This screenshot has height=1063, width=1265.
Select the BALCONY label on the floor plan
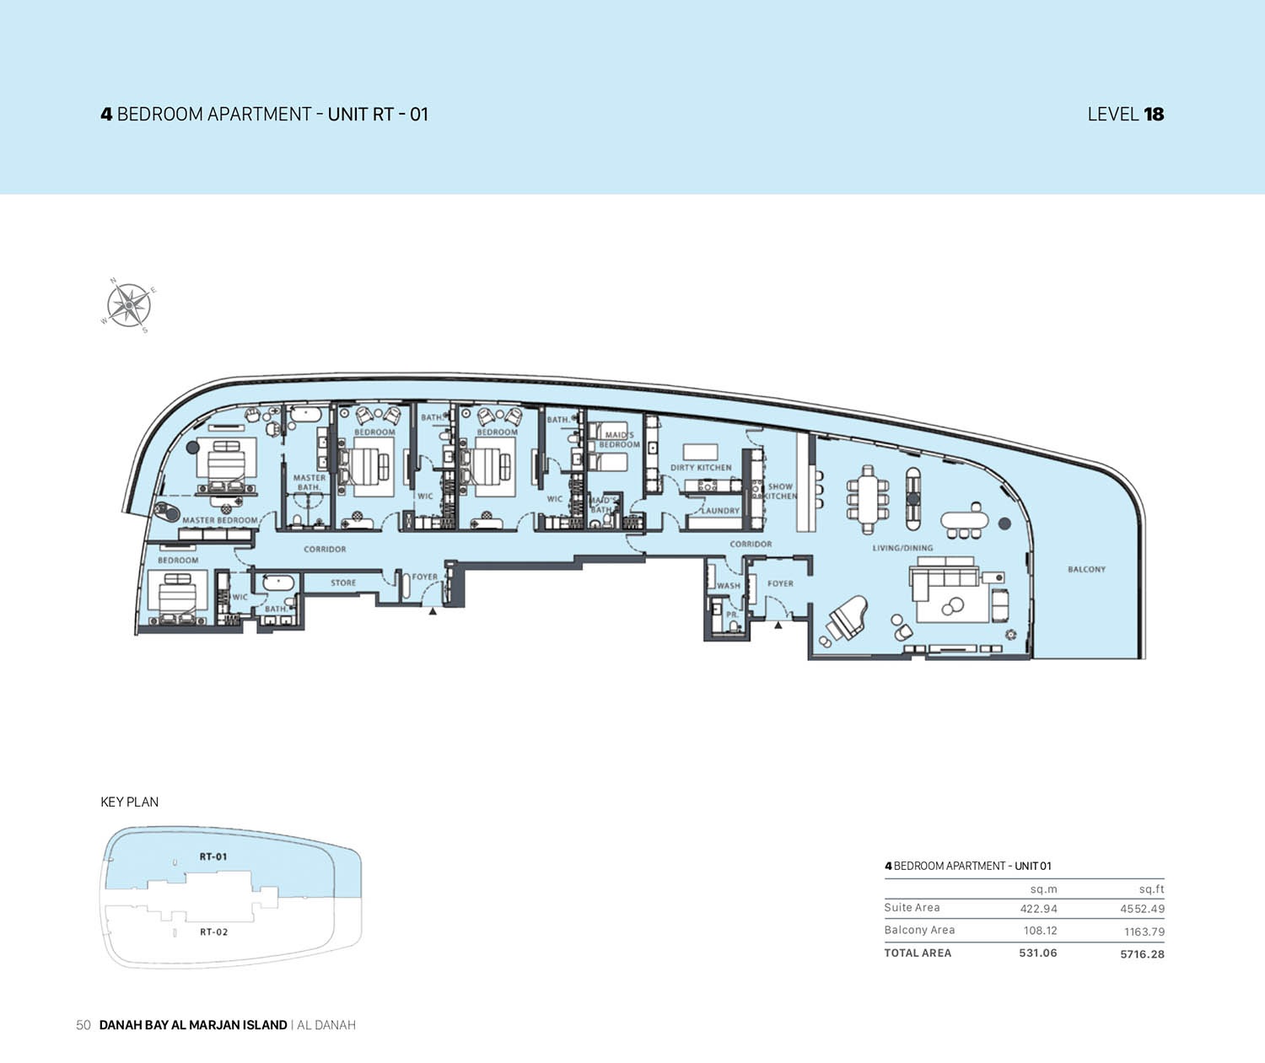1086,569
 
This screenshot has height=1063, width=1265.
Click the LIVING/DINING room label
902,548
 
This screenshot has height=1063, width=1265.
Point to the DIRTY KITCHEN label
701,467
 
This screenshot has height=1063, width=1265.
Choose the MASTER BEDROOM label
220,520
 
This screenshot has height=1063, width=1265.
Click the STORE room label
343,583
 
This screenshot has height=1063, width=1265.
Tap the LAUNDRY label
720,511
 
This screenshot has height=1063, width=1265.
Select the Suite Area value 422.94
1038,909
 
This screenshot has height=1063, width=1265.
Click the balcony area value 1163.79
1144,931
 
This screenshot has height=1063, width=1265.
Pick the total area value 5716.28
1142,954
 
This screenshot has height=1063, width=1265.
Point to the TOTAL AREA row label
918,953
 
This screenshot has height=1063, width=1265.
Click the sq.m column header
1043,889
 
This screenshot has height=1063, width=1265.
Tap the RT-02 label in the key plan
213,931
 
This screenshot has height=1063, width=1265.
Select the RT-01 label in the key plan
213,856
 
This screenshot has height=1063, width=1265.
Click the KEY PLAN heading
129,802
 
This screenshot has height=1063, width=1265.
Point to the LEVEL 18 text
1125,114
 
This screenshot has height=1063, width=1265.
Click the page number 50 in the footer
83,1025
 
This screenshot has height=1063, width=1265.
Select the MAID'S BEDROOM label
619,439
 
